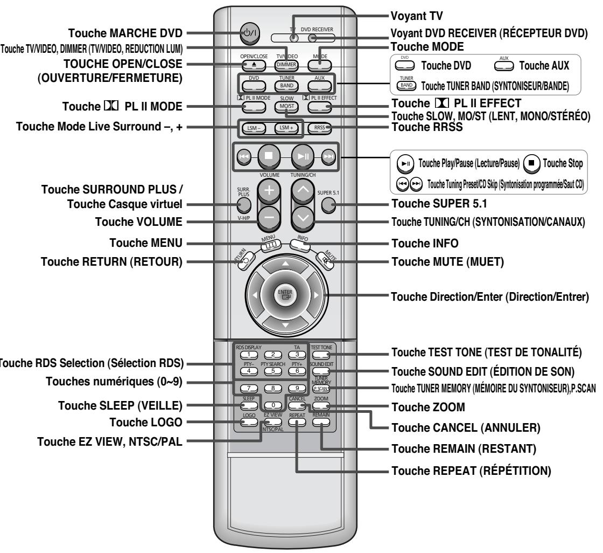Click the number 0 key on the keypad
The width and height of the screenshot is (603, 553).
coord(274,404)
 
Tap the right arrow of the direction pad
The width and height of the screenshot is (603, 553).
coord(317,296)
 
